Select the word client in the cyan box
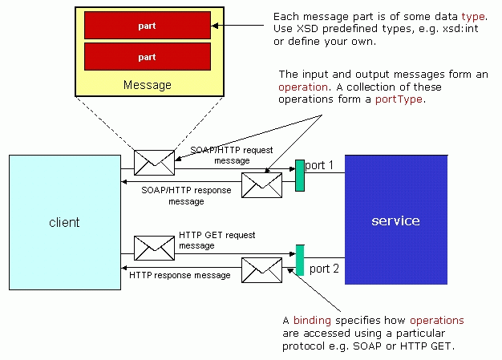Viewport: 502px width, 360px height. tap(63, 221)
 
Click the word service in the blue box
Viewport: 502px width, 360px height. tap(395, 220)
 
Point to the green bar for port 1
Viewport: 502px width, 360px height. tap(300, 176)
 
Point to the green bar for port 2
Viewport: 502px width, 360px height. tap(300, 260)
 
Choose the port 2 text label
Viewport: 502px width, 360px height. tap(324, 268)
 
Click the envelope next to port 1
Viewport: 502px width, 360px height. tap(262, 185)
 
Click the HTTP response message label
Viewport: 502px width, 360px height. tap(180, 275)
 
